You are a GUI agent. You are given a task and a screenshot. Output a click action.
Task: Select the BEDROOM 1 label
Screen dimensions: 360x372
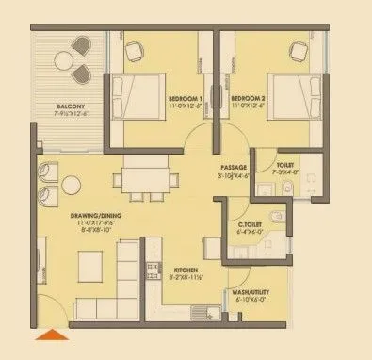pyautogui.click(x=188, y=98)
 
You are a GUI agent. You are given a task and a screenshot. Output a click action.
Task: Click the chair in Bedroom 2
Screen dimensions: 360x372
pyautogui.click(x=299, y=49)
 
